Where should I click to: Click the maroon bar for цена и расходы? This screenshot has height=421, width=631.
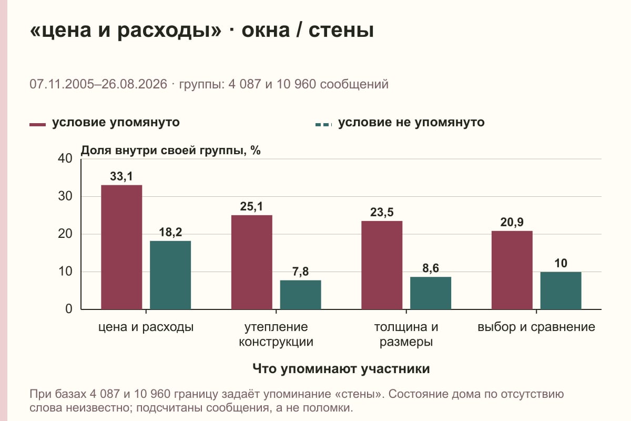click(x=121, y=247)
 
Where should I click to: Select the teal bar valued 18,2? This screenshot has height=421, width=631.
click(x=170, y=275)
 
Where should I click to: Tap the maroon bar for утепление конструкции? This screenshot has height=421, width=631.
click(x=251, y=262)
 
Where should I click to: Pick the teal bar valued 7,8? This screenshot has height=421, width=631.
click(x=300, y=295)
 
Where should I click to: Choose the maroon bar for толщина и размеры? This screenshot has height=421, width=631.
click(x=382, y=265)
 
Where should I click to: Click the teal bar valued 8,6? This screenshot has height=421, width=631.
click(x=431, y=293)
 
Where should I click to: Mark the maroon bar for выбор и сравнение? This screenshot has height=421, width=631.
click(x=512, y=270)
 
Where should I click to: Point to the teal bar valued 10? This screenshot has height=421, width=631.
click(x=561, y=290)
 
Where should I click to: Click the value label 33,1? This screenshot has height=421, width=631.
click(x=121, y=176)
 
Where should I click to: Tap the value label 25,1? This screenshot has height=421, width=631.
click(x=251, y=207)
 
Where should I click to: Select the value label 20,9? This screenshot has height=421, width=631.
click(x=512, y=223)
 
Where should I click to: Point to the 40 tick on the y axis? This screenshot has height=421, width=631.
click(x=65, y=158)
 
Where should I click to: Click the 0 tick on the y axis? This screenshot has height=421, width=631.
click(x=69, y=309)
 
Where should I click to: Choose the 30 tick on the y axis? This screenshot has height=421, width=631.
click(x=65, y=196)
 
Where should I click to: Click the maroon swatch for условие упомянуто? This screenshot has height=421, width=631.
click(x=37, y=125)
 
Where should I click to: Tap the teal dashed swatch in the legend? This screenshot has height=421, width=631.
click(x=324, y=125)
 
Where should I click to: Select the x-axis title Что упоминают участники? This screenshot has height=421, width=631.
click(x=341, y=369)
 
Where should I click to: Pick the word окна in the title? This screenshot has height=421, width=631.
click(x=266, y=31)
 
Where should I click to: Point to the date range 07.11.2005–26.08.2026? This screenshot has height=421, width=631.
click(x=98, y=84)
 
